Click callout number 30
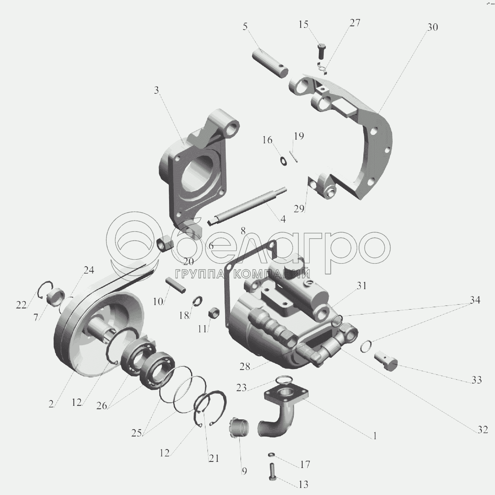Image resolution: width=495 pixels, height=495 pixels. click(432, 27)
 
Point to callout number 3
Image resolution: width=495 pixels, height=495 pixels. click(157, 90)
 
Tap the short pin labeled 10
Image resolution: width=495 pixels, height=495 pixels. click(176, 285)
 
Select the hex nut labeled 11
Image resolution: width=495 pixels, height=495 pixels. click(213, 313)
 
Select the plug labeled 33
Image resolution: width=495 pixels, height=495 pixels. click(386, 360)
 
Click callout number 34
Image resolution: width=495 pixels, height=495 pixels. click(475, 300)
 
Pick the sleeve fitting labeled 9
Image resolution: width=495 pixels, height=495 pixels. click(239, 427)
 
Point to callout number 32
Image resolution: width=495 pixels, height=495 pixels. click(482, 430)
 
